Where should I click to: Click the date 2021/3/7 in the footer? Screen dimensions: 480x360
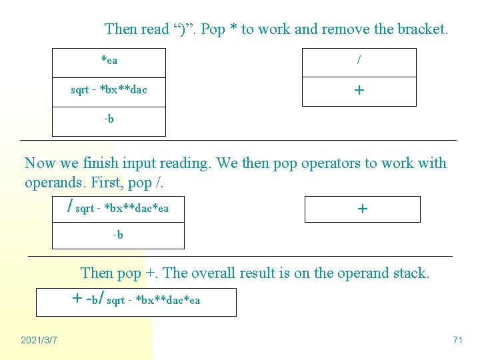click(39, 341)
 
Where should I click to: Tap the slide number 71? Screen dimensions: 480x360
click(457, 341)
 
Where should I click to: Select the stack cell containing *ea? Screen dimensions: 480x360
click(109, 61)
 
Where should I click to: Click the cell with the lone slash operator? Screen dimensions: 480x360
click(359, 61)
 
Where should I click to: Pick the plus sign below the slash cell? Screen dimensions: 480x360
click(359, 90)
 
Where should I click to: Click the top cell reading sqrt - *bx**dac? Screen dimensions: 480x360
click(109, 90)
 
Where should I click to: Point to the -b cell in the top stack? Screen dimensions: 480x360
click(109, 120)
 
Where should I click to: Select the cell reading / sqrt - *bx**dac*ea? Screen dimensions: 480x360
click(119, 209)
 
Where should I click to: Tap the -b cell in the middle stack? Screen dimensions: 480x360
click(118, 235)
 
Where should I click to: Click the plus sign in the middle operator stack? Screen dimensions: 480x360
click(362, 209)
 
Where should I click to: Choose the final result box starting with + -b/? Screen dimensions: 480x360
click(136, 301)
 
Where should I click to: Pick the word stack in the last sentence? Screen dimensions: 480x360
click(409, 273)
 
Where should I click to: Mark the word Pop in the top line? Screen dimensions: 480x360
click(213, 29)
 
